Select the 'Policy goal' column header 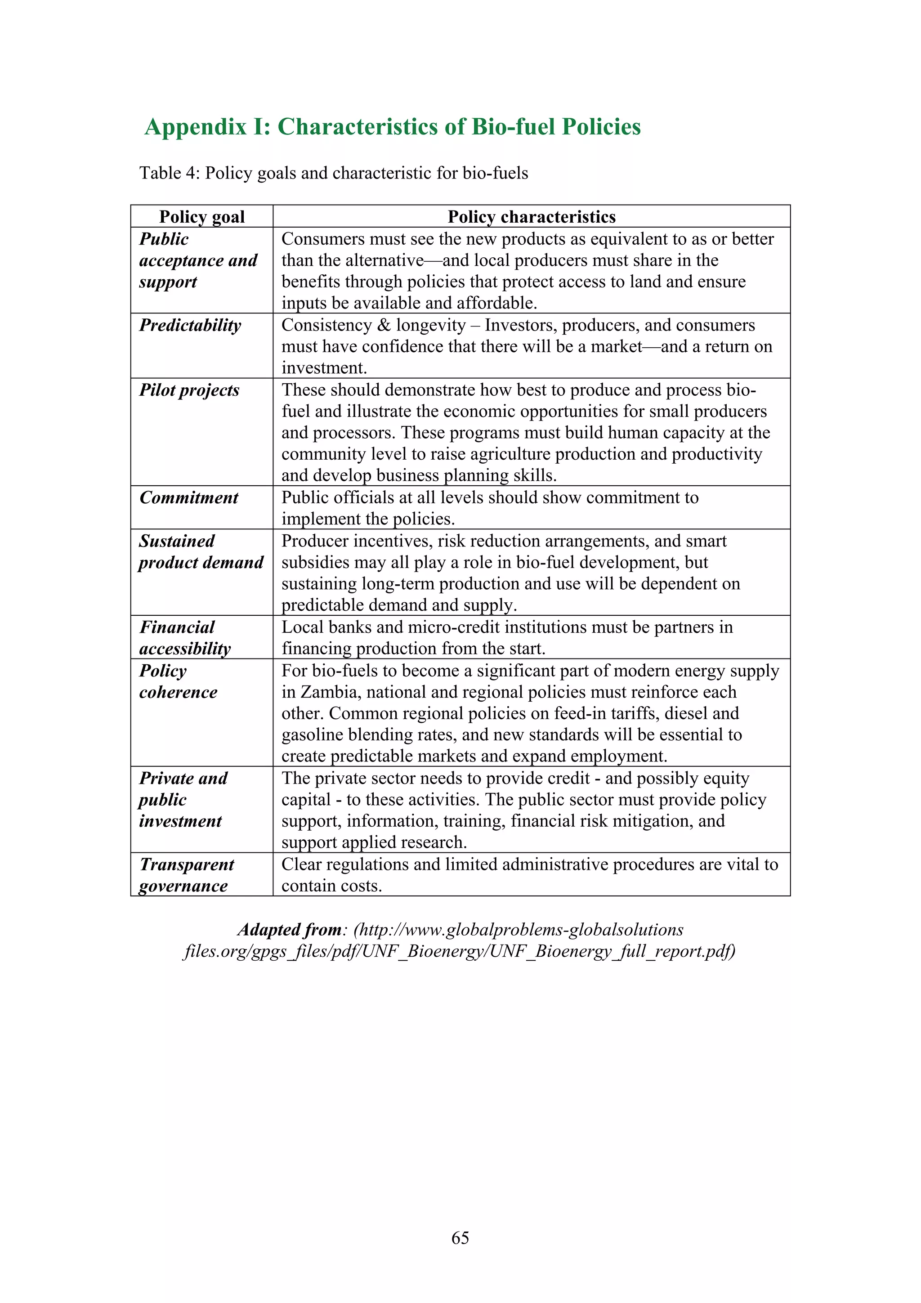pyautogui.click(x=201, y=217)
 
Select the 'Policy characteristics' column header pyautogui.click(x=531, y=217)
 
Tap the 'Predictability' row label pyautogui.click(x=190, y=325)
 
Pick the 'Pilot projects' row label pyautogui.click(x=189, y=390)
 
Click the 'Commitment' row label pyautogui.click(x=189, y=498)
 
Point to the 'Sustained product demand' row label pyautogui.click(x=200, y=551)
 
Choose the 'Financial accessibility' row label pyautogui.click(x=185, y=638)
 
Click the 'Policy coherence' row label pyautogui.click(x=178, y=681)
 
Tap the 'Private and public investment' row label pyautogui.click(x=183, y=800)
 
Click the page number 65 pyautogui.click(x=460, y=1238)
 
